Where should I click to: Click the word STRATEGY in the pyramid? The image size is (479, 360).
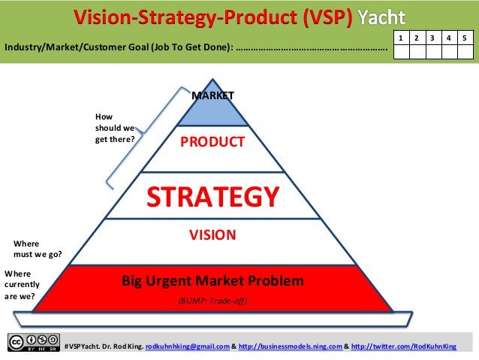click(212, 196)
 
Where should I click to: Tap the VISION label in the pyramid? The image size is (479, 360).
click(212, 235)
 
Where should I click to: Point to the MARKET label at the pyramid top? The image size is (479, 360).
click(213, 95)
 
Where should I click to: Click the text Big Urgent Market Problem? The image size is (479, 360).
click(213, 282)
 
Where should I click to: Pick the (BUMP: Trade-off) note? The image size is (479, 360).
click(212, 301)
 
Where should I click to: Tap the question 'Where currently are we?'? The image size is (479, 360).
click(21, 285)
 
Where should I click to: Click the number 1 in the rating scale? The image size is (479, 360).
click(402, 38)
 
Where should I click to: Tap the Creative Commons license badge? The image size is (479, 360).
click(34, 342)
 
